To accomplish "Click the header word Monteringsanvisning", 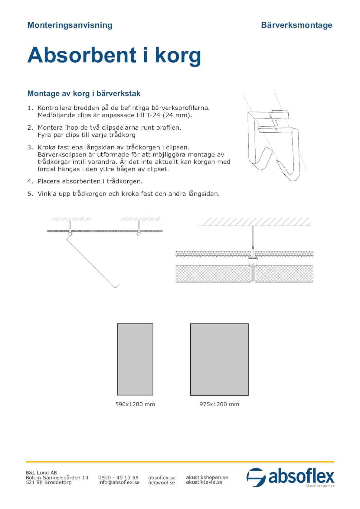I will tap(70, 25).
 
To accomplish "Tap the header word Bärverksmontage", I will tap(296, 25).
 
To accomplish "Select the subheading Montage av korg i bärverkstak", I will tap(84, 93).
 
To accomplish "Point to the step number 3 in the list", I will tap(30, 148).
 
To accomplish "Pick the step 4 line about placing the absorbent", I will tap(90, 181).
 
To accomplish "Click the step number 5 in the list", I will tap(30, 194).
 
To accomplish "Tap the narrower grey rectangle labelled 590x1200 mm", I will tap(135, 359).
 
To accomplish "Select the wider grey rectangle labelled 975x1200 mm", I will tap(219, 359).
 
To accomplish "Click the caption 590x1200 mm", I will tap(135, 404).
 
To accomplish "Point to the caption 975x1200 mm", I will tap(219, 404).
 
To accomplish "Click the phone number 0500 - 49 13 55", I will tap(118, 478).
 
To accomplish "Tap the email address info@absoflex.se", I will tap(119, 482).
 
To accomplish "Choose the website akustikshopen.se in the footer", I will tap(207, 477).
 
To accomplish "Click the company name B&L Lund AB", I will tap(41, 473).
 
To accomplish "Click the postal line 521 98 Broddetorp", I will tap(48, 482).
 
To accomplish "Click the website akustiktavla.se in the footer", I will tap(204, 482).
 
